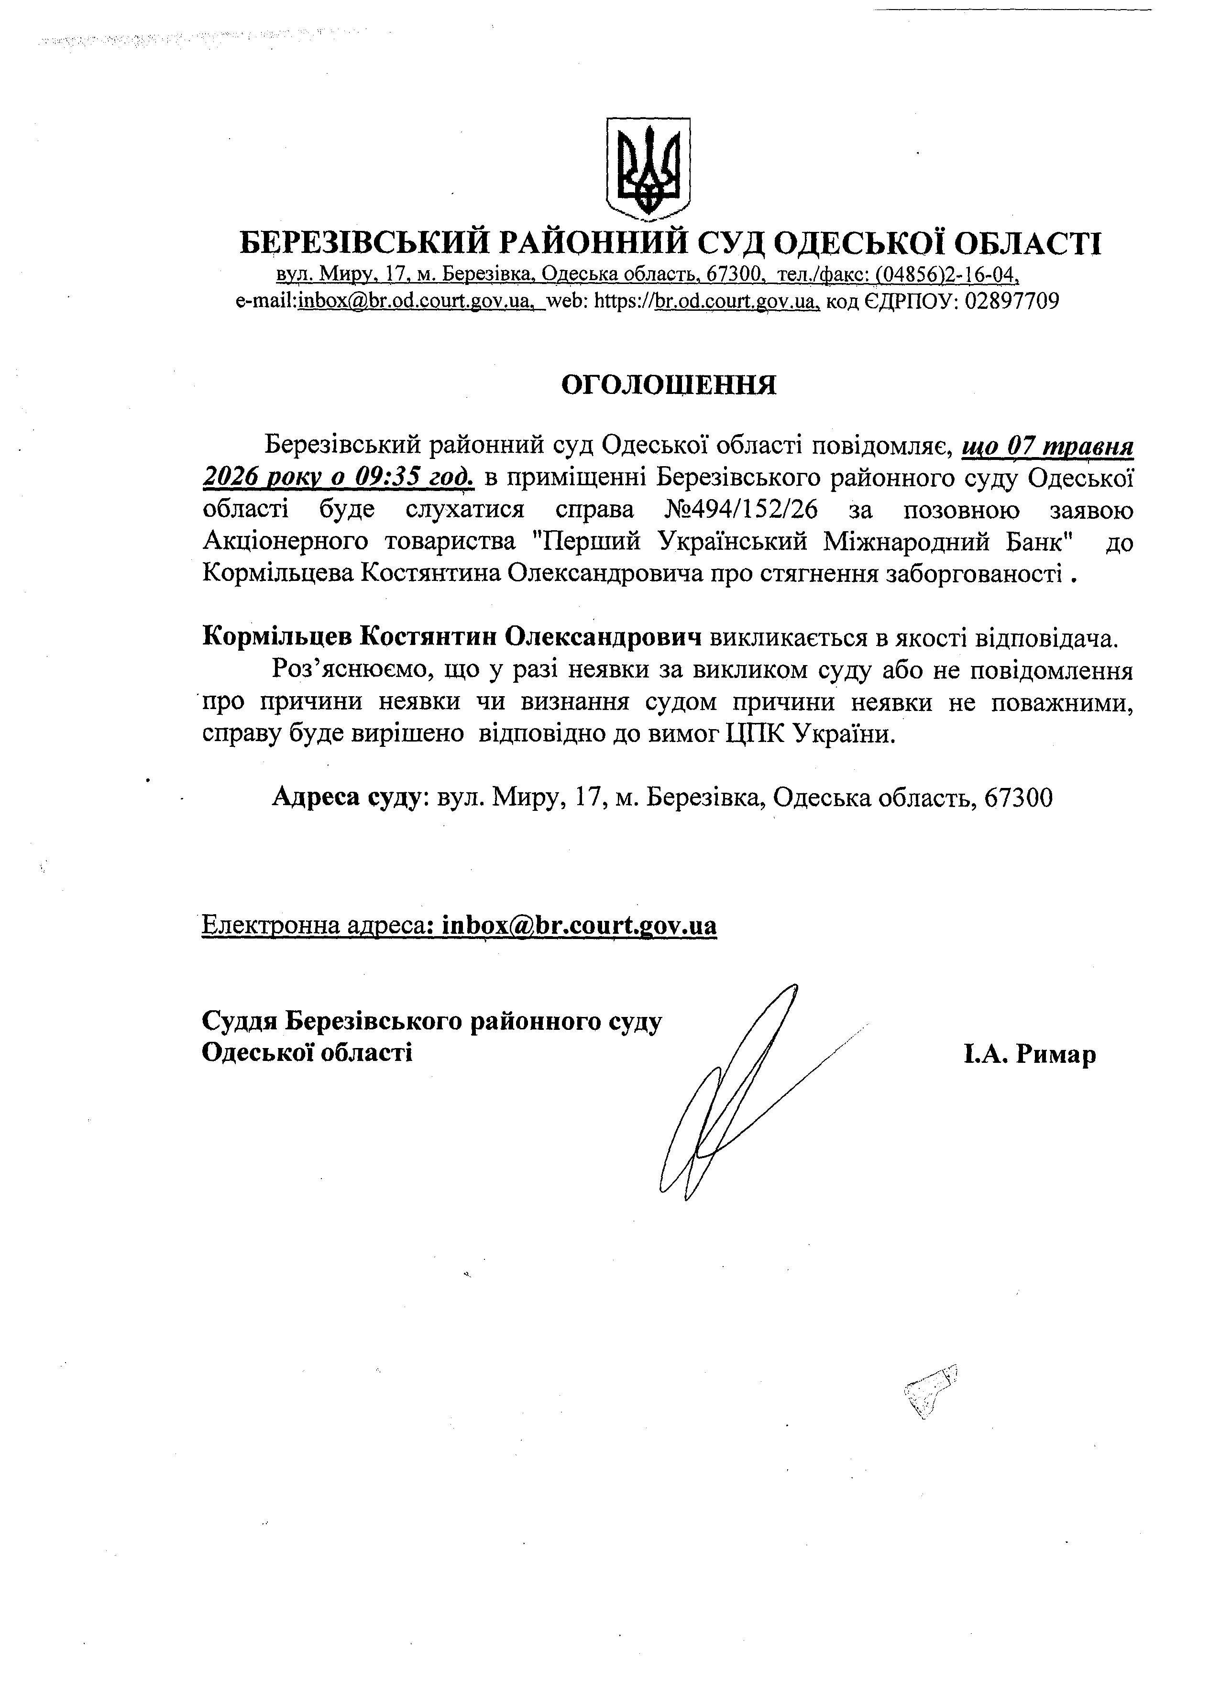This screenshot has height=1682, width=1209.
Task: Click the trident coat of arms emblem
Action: (x=648, y=168)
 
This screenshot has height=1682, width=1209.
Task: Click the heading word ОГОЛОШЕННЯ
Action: (x=668, y=385)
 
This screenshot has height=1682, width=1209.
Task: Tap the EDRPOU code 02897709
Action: (x=1011, y=301)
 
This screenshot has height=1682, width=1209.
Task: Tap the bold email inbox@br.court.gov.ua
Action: (x=579, y=926)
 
